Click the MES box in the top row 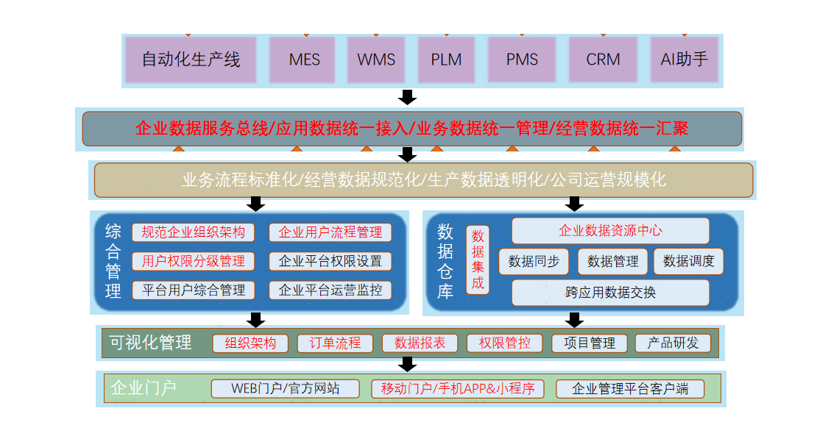pyautogui.click(x=305, y=60)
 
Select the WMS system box pyautogui.click(x=376, y=60)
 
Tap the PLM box pyautogui.click(x=447, y=60)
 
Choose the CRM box pyautogui.click(x=603, y=60)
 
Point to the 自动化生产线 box pyautogui.click(x=191, y=60)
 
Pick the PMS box pyautogui.click(x=522, y=60)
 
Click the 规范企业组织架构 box pyautogui.click(x=194, y=232)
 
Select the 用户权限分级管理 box pyautogui.click(x=194, y=261)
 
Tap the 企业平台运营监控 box pyautogui.click(x=330, y=290)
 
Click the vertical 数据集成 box pyautogui.click(x=478, y=260)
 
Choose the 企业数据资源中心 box pyautogui.click(x=610, y=231)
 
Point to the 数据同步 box pyautogui.click(x=534, y=261)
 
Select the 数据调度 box pyautogui.click(x=688, y=261)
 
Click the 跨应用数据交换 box pyautogui.click(x=610, y=292)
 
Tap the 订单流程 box pyautogui.click(x=335, y=343)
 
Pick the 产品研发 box pyautogui.click(x=673, y=343)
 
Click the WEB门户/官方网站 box pyautogui.click(x=286, y=388)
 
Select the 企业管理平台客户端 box pyautogui.click(x=630, y=388)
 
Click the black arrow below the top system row pyautogui.click(x=407, y=97)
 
